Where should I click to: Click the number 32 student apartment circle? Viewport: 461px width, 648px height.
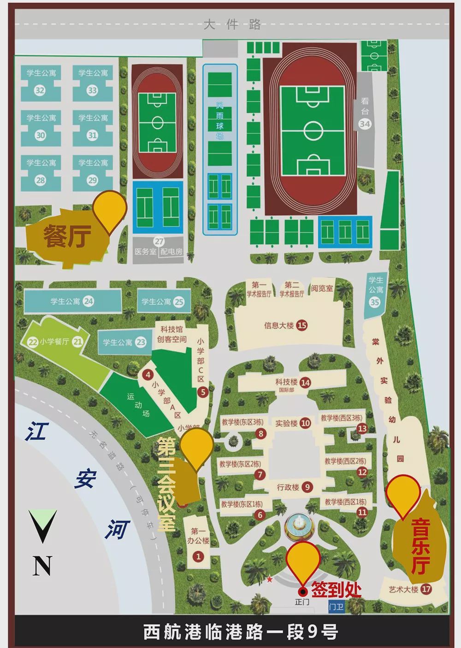pos(40,90)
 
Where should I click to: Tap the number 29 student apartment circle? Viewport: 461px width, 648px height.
pos(92,181)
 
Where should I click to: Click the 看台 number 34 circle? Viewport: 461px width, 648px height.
pos(365,124)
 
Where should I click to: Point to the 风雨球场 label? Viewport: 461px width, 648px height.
pos(220,119)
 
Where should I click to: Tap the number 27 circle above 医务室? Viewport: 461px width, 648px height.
pos(159,241)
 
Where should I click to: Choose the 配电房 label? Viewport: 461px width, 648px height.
pos(171,252)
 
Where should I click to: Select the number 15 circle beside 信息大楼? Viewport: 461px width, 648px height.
pos(302,326)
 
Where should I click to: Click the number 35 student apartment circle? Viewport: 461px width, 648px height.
pos(375,303)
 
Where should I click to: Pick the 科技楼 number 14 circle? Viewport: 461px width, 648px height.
pos(305,382)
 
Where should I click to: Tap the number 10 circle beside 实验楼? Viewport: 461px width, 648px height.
pos(305,423)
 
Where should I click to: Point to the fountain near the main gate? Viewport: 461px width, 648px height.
pos(298,525)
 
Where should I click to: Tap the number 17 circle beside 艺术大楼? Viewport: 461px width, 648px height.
pos(426,589)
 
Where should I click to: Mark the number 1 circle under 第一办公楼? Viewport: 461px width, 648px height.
pos(198,556)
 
